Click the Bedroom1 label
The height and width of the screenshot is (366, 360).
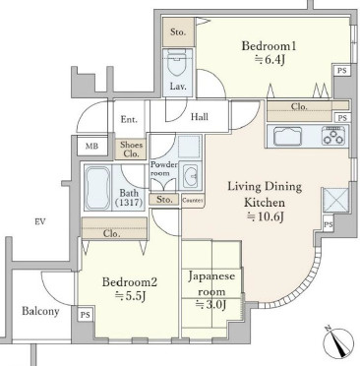coord(269,46)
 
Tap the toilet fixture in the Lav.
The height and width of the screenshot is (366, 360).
coord(177,63)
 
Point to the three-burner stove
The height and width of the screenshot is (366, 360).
coord(333,136)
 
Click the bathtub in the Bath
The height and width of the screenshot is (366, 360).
coord(97,188)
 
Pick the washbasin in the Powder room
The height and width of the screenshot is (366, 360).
coord(190,175)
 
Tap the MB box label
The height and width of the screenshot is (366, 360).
coord(91,147)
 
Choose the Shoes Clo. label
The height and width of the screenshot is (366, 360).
coord(131,150)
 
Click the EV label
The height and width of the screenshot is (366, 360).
coord(40,222)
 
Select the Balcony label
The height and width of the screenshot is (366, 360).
coord(40,311)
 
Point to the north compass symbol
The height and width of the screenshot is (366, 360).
coord(338,341)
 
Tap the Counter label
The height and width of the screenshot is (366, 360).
coord(193,201)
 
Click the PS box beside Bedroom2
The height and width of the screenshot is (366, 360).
coord(86,315)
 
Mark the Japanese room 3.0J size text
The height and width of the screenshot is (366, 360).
coord(211,305)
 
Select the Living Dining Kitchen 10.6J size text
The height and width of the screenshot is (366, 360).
coord(265,216)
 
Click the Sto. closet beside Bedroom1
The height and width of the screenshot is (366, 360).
coord(178,32)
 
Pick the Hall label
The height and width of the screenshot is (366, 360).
coord(200,117)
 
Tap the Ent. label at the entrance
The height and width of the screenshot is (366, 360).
coord(129,119)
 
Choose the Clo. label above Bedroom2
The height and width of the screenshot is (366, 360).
coord(112,234)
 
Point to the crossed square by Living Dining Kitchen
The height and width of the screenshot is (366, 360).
coord(335,200)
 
